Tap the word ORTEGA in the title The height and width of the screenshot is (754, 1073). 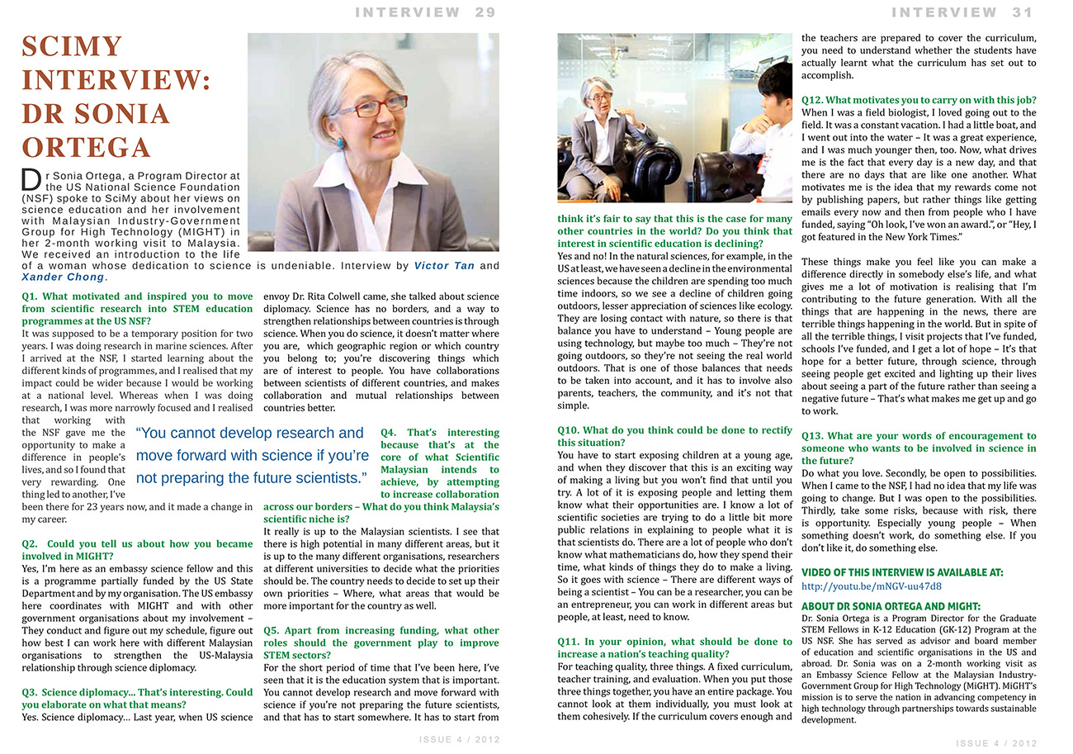coord(87,147)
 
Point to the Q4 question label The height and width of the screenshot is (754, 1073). coord(390,433)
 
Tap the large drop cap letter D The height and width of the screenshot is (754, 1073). coord(31,180)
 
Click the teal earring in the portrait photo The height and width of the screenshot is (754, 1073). coord(339,143)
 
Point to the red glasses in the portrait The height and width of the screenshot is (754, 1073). coord(380,107)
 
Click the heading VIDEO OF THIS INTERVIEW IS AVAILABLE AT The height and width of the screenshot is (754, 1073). coord(902,572)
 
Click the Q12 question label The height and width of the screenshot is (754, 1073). coord(817,101)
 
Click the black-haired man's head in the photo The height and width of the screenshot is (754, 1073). coord(774,83)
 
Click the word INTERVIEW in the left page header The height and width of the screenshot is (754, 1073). coord(408,12)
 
